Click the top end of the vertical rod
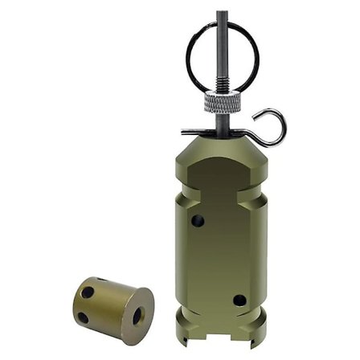point(221,14)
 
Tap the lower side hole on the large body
point(239,300)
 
